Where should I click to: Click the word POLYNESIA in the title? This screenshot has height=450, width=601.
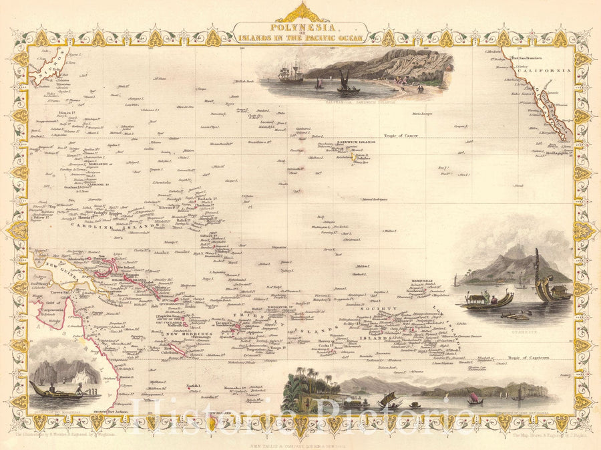coord(300,29)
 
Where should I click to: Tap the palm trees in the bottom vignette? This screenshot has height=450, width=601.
coord(305,381)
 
